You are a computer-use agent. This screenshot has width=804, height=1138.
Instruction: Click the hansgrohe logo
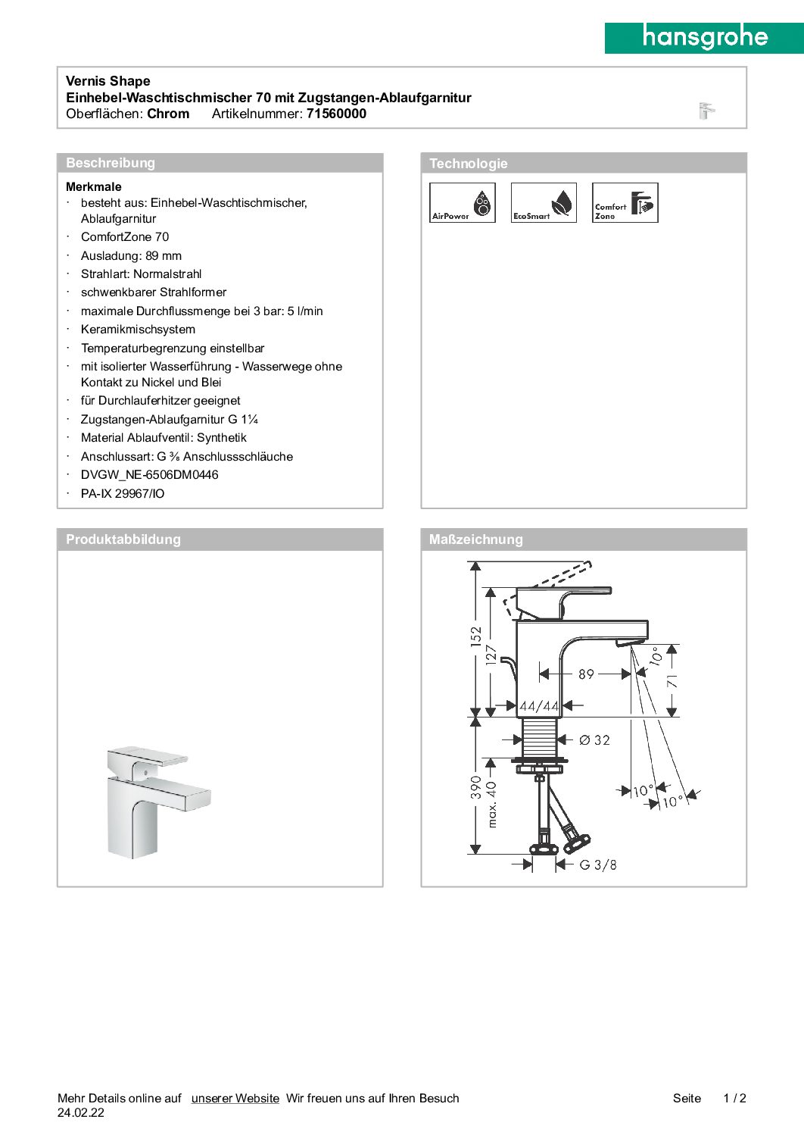point(704,37)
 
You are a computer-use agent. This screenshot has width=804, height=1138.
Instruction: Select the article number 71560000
point(336,114)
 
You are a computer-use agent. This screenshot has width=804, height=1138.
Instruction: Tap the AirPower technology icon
point(463,203)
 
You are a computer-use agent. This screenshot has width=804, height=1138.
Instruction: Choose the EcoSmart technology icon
point(544,203)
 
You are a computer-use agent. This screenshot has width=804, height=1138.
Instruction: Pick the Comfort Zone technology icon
point(625,203)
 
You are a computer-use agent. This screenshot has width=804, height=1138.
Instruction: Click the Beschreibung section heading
point(111,163)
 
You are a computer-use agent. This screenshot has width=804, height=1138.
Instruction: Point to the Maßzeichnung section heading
point(475,539)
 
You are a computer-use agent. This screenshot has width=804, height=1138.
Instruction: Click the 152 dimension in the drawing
point(475,635)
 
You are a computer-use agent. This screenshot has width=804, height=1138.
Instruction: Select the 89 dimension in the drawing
point(586,674)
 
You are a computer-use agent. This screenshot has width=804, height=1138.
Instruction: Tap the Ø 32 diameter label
point(594,740)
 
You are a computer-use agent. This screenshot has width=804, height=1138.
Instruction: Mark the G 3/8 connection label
point(598,864)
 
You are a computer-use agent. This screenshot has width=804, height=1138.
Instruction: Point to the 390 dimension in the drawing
point(475,786)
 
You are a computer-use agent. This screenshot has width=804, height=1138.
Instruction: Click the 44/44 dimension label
point(539,706)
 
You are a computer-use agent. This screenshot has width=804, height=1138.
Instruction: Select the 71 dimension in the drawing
point(672,681)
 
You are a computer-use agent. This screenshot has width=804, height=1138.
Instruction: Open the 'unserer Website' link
point(235,1098)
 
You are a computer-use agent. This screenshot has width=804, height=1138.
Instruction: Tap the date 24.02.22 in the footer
point(81,1113)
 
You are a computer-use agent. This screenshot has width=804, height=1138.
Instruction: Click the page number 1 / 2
point(734,1098)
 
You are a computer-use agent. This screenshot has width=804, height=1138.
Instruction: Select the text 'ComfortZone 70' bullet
point(125,237)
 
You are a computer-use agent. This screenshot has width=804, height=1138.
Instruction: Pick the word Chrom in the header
point(168,114)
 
